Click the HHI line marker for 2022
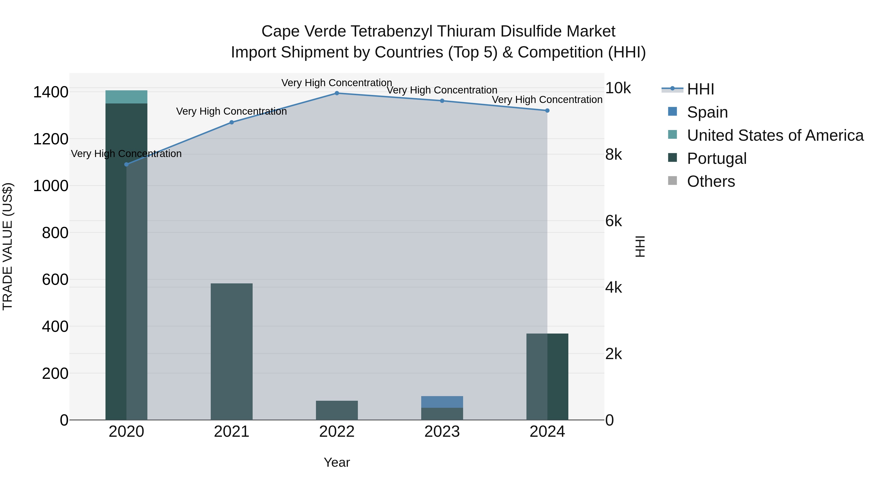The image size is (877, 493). [337, 93]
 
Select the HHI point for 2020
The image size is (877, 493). [126, 164]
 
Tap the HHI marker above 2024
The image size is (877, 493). [547, 111]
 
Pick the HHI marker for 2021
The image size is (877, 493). [231, 122]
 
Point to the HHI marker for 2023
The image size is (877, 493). [442, 101]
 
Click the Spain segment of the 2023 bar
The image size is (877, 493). [442, 402]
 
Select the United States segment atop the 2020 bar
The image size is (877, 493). [126, 97]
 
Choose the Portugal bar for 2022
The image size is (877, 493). [337, 410]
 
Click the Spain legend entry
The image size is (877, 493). [707, 112]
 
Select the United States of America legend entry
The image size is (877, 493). [775, 135]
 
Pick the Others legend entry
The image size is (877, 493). [711, 181]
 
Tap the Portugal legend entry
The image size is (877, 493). [717, 158]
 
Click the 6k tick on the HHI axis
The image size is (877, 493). [613, 221]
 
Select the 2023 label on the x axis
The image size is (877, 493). [442, 432]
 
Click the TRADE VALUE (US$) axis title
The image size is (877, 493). [8, 246]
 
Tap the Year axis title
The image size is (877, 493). [337, 462]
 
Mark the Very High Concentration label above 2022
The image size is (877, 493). [337, 83]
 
